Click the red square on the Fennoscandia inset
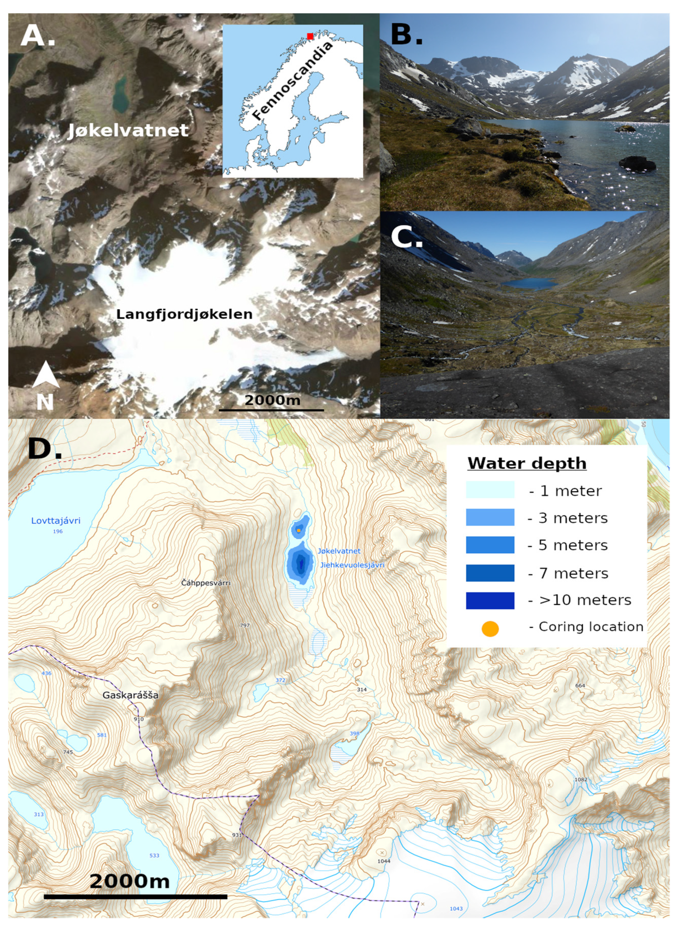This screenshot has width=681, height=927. click(x=310, y=36)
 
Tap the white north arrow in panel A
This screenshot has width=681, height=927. click(x=46, y=375)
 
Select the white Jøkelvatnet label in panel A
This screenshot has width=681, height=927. click(x=128, y=131)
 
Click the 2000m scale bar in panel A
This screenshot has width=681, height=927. click(x=271, y=410)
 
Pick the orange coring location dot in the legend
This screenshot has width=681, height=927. click(x=490, y=629)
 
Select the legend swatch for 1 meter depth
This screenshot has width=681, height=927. click(x=490, y=490)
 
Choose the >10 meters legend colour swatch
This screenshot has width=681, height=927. click(x=490, y=601)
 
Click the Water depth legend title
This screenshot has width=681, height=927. click(x=527, y=463)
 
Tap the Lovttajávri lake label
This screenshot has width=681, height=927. click(x=56, y=521)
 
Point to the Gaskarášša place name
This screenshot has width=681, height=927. click(x=130, y=695)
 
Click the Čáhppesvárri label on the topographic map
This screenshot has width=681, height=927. click(x=206, y=583)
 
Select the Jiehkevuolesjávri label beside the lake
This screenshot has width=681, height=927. click(x=352, y=565)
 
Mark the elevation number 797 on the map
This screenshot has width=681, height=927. click(x=245, y=625)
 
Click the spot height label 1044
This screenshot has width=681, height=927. click(x=384, y=861)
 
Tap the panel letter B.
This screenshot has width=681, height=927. click(x=406, y=34)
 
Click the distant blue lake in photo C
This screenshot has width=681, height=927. click(x=529, y=283)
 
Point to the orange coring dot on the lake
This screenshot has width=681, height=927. click(x=298, y=530)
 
